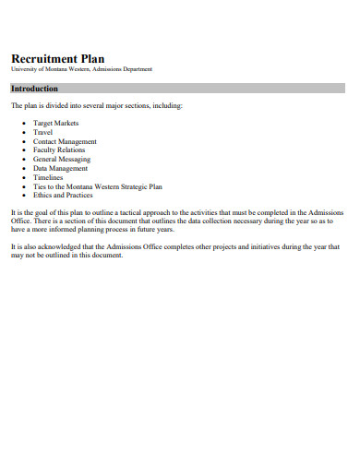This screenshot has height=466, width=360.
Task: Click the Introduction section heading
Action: (34, 89)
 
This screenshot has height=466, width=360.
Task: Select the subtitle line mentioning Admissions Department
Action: (82, 69)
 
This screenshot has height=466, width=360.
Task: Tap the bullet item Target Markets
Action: (56, 123)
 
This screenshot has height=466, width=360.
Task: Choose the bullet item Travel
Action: (43, 132)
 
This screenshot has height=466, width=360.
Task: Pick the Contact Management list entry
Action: (65, 141)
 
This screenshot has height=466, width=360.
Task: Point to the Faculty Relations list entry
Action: (59, 150)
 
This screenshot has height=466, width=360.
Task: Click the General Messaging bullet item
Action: (62, 160)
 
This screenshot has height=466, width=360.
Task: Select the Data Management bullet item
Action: (61, 169)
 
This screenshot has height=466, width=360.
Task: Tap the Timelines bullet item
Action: (48, 177)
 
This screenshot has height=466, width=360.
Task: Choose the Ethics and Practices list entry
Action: (62, 196)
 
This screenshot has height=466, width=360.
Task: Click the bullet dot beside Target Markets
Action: (23, 123)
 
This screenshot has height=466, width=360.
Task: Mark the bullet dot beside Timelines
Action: (23, 177)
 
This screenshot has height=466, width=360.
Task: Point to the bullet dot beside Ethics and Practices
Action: (23, 196)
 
